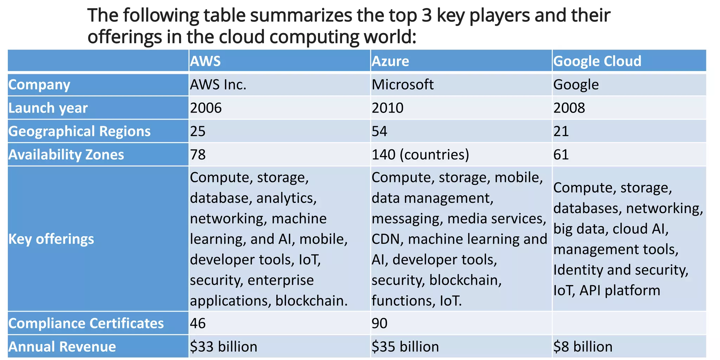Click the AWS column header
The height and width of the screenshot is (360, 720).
tap(206, 61)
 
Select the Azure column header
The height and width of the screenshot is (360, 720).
tap(390, 61)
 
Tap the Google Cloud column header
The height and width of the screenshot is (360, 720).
tap(597, 61)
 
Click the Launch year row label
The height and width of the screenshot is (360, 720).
tap(48, 108)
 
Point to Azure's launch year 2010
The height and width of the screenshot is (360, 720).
tap(387, 108)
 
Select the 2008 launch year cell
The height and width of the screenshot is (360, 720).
tap(569, 108)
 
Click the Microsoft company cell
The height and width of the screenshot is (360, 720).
tap(403, 85)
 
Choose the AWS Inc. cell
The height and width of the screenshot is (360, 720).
tap(218, 85)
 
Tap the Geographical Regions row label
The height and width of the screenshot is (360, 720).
tap(79, 131)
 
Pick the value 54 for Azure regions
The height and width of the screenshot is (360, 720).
tap(379, 131)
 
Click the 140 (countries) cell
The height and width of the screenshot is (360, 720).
tap(420, 155)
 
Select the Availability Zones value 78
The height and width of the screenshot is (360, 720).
tap(198, 155)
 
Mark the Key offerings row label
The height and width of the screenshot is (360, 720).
tap(51, 239)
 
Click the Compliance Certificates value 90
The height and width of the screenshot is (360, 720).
tap(379, 323)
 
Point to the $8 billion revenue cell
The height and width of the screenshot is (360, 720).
tap(583, 347)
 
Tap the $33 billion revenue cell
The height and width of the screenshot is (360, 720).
tap(224, 347)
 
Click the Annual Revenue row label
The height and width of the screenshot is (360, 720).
tap(62, 347)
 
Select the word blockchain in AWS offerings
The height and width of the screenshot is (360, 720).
tap(311, 301)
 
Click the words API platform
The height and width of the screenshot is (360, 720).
tap(619, 291)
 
